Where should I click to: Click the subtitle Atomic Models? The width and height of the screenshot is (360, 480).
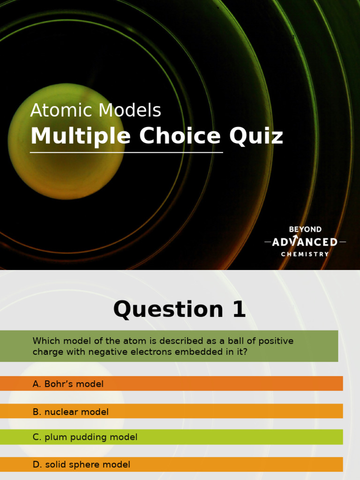coord(96,111)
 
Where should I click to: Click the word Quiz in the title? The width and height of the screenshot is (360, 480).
coord(256,136)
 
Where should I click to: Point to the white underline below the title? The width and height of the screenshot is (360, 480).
coord(127,152)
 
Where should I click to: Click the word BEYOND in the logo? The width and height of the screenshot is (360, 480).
coord(305,230)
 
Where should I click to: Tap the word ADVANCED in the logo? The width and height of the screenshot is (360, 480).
coord(305,242)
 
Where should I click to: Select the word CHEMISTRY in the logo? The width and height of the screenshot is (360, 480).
coord(305,254)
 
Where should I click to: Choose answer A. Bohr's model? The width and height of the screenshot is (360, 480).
coord(68,384)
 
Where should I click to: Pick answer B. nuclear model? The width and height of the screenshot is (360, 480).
coord(70,412)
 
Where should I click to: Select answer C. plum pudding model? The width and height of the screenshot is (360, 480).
coord(85,437)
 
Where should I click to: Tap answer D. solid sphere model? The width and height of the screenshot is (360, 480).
coord(81,465)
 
